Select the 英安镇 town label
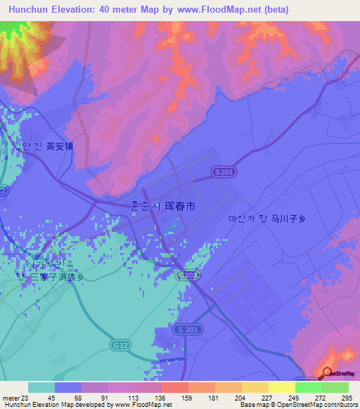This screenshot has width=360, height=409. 60,147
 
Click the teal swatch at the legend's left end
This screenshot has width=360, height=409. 41,387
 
